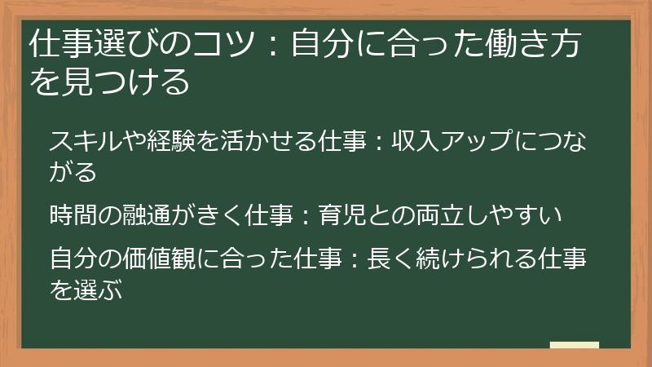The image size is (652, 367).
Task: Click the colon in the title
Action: click(x=274, y=47)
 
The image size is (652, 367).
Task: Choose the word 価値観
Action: click(x=193, y=260)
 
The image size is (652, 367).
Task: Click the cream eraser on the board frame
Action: click(x=574, y=345)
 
